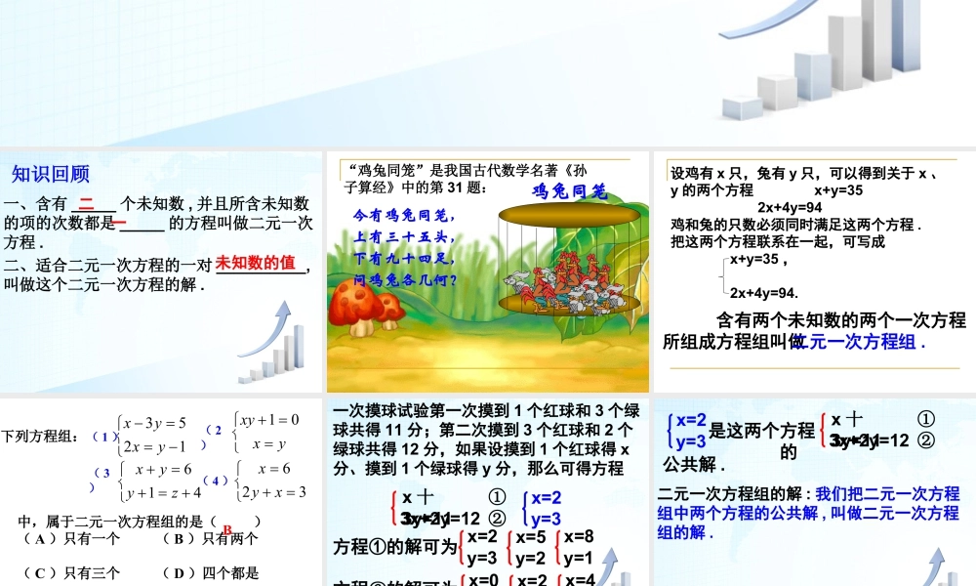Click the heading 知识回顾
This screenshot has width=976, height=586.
point(51,175)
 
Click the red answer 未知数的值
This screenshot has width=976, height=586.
point(255,263)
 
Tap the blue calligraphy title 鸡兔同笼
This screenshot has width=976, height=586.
point(570,191)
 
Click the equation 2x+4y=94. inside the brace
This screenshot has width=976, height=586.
point(764,292)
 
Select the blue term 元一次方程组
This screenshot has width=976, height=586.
point(861,343)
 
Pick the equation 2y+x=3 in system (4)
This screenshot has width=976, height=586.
point(275,491)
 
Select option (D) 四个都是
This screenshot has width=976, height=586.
point(210,573)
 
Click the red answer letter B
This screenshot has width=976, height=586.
point(226,530)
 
